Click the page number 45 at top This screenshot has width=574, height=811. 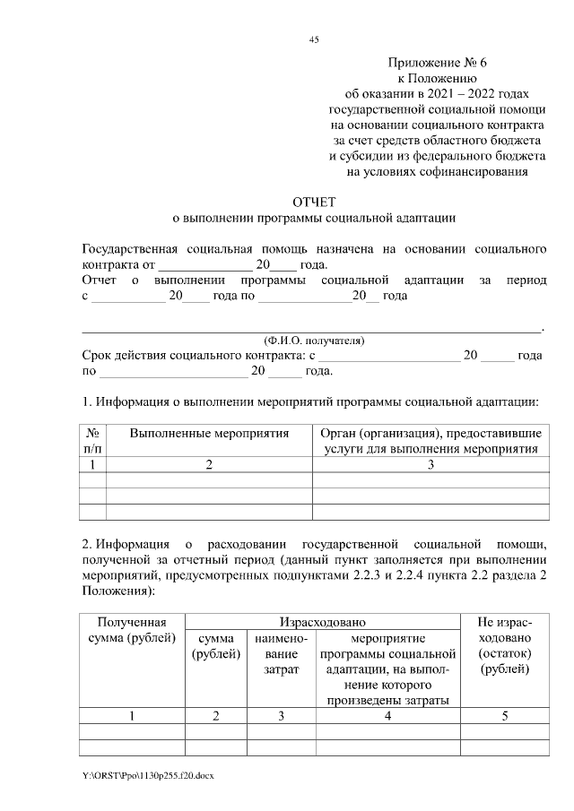coord(314,39)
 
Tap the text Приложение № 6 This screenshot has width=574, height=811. coord(436,63)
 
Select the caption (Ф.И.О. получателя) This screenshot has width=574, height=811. coord(313,341)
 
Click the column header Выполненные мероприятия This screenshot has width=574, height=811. coord(209,434)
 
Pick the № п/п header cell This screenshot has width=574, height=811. coord(93,441)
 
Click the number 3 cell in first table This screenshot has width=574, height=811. coord(430,464)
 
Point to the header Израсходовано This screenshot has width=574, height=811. coord(321,621)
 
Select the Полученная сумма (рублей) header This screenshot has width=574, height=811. coord(132,629)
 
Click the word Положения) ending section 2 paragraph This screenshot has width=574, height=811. coord(106,591)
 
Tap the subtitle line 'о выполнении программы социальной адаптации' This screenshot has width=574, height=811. coord(314,218)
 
